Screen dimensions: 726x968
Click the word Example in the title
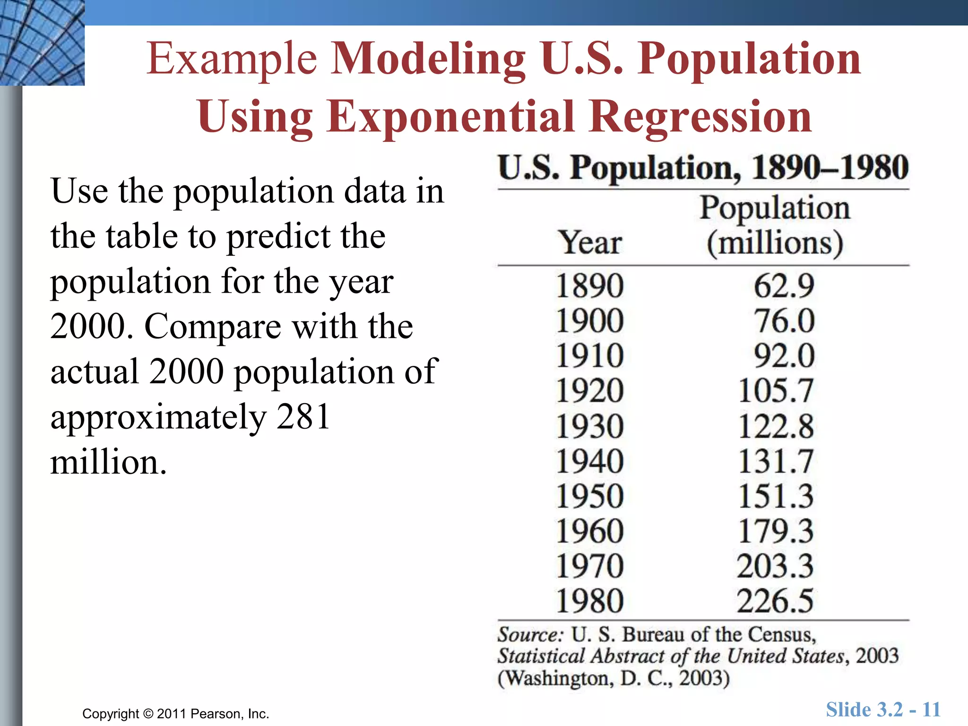tap(232, 59)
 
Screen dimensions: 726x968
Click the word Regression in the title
tap(700, 117)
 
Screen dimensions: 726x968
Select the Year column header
tap(590, 243)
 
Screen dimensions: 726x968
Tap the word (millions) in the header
tap(775, 243)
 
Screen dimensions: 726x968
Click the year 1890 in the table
tap(589, 286)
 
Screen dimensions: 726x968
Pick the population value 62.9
tap(784, 286)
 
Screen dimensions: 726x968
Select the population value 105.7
tap(776, 391)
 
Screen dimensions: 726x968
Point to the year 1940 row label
tap(589, 461)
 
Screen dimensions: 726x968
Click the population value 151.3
tap(776, 496)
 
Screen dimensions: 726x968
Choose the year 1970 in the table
tap(589, 566)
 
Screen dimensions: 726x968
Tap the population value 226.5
tap(775, 601)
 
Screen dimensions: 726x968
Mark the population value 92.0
tap(784, 356)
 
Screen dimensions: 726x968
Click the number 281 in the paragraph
tap(303, 416)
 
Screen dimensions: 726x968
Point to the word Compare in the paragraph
tap(212, 326)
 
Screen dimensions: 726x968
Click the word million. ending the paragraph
tap(108, 462)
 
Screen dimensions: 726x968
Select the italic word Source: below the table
tap(530, 634)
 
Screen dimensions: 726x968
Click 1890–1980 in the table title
tap(830, 167)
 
